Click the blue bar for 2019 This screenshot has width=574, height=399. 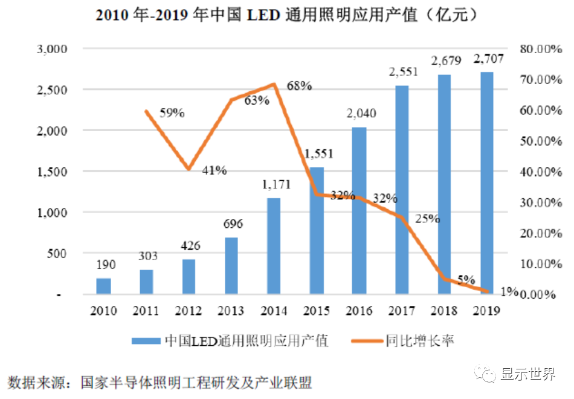[486, 183]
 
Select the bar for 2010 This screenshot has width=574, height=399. [103, 287]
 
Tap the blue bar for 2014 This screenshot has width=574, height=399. [273, 246]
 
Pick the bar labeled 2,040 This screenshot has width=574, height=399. [359, 211]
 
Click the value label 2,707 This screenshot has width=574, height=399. [488, 59]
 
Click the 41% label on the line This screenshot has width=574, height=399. [214, 170]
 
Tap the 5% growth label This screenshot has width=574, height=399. [466, 281]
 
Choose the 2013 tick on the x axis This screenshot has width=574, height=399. [231, 311]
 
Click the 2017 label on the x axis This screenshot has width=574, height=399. [402, 311]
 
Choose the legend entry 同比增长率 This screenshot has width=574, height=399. [419, 341]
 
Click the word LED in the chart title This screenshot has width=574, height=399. [264, 16]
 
